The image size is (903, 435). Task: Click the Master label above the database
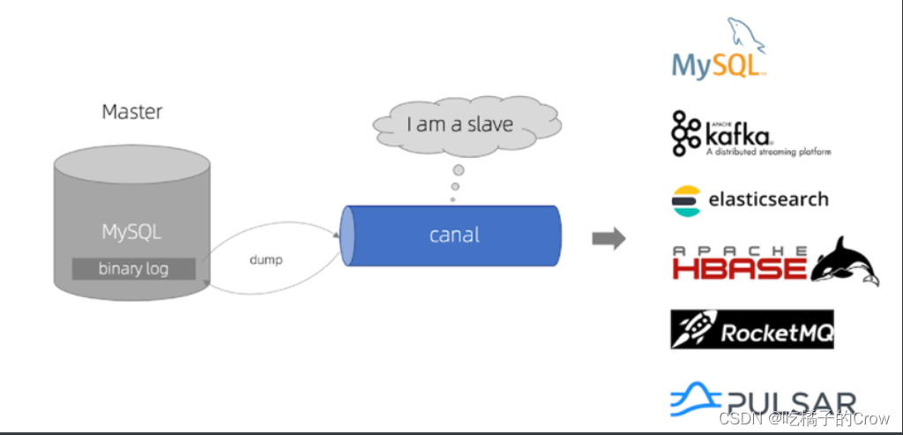tap(132, 112)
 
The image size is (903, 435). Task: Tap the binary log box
tap(133, 268)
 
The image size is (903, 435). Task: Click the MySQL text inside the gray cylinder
tap(131, 232)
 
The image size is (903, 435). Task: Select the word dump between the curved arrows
tap(265, 260)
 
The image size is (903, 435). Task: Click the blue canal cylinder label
tap(454, 235)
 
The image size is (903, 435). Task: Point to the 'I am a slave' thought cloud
tap(459, 124)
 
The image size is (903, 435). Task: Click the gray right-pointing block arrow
tap(608, 238)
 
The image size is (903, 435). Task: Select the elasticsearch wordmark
tap(768, 199)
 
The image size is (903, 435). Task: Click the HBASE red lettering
tap(738, 266)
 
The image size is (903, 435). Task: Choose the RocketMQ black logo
tap(751, 329)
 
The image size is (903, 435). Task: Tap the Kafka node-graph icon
tap(687, 133)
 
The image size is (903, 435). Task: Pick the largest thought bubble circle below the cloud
tap(459, 169)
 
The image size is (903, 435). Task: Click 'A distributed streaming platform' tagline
tap(767, 152)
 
